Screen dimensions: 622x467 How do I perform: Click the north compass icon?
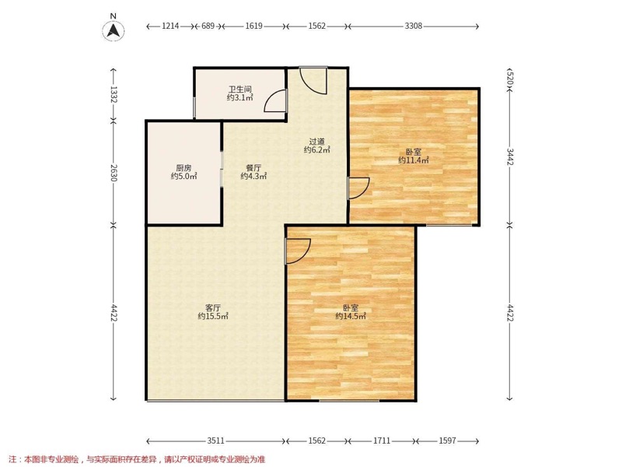(114, 30)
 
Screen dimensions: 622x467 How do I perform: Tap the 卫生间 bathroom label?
(240, 90)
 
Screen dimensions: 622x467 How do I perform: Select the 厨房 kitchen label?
(183, 168)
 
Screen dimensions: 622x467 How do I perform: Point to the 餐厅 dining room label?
(253, 168)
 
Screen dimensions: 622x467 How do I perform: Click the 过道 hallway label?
(317, 142)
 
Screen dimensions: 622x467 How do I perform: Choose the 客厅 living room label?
(213, 307)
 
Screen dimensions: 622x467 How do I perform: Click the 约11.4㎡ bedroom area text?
(414, 160)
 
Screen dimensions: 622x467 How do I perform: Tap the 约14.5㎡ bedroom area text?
(351, 316)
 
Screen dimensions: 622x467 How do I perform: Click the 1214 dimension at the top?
(170, 26)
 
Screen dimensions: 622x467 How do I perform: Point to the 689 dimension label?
(208, 26)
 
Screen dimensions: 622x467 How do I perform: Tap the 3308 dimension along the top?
(414, 26)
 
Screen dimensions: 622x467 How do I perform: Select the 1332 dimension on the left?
(114, 94)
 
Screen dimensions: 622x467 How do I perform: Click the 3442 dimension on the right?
(510, 156)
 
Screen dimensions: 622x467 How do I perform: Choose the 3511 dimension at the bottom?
(216, 441)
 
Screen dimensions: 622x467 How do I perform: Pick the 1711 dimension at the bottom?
(382, 441)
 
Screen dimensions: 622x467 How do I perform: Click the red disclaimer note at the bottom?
(137, 460)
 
